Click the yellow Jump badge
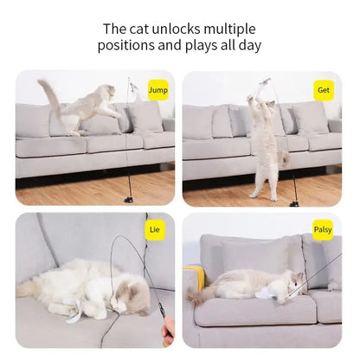click(158, 88)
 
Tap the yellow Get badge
click(324, 88)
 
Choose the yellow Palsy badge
click(323, 231)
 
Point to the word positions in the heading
click(132, 46)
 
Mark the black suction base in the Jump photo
click(128, 200)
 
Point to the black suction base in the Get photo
click(294, 202)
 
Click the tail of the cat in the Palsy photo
click(197, 296)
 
